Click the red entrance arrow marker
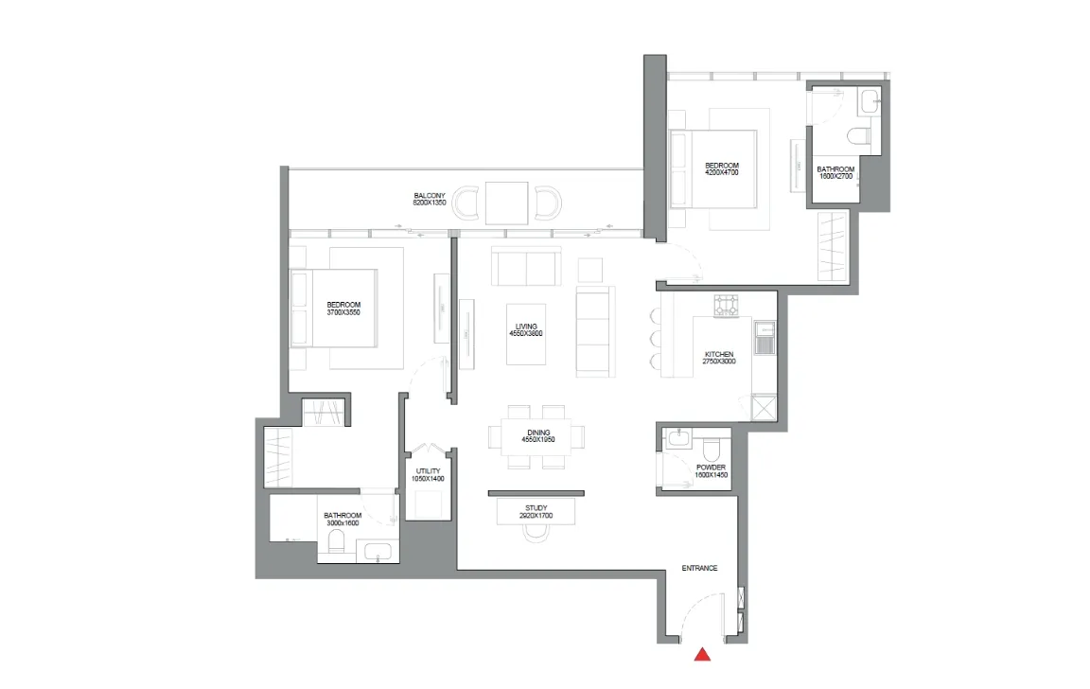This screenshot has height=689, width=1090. (702, 654)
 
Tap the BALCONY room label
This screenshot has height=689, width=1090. (430, 196)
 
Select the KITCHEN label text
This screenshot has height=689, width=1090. (719, 355)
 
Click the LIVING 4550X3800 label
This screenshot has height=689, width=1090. (525, 330)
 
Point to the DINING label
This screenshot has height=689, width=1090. (538, 433)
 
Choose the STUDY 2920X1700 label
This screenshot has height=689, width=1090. (536, 512)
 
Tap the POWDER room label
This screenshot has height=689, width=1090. (712, 468)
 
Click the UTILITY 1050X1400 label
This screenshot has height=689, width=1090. (429, 475)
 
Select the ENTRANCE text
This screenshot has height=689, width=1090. (699, 568)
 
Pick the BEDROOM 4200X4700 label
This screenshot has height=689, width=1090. (722, 169)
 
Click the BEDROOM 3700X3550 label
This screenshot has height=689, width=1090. (343, 309)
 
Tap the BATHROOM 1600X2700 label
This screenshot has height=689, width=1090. (835, 173)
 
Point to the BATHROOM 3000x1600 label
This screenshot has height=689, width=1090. (343, 520)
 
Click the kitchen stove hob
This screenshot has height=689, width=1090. (726, 306)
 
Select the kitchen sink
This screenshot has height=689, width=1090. (765, 337)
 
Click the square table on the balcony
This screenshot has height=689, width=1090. (507, 203)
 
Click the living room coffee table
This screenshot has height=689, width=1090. (526, 334)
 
